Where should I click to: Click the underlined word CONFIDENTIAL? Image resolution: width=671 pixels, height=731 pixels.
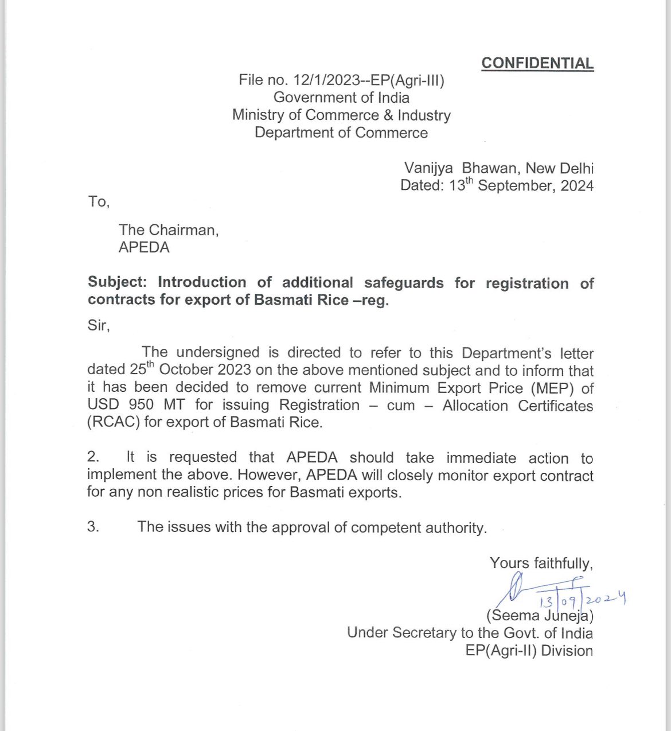537,63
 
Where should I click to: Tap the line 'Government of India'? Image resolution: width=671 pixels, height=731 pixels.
341,98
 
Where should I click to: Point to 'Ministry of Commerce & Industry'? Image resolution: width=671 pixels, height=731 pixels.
341,115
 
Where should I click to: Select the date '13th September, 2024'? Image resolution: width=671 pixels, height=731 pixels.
521,185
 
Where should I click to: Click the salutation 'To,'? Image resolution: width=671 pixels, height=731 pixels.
99,201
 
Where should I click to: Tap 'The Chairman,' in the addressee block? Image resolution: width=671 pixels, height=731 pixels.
169,230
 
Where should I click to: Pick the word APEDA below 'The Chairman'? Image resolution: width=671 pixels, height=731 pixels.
144,247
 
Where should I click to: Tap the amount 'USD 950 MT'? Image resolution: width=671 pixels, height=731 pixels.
136,405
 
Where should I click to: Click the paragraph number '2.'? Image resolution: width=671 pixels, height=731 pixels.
93,457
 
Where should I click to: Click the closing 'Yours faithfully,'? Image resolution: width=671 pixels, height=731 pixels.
541,563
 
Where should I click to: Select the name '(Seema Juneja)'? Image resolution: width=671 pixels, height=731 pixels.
539,616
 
